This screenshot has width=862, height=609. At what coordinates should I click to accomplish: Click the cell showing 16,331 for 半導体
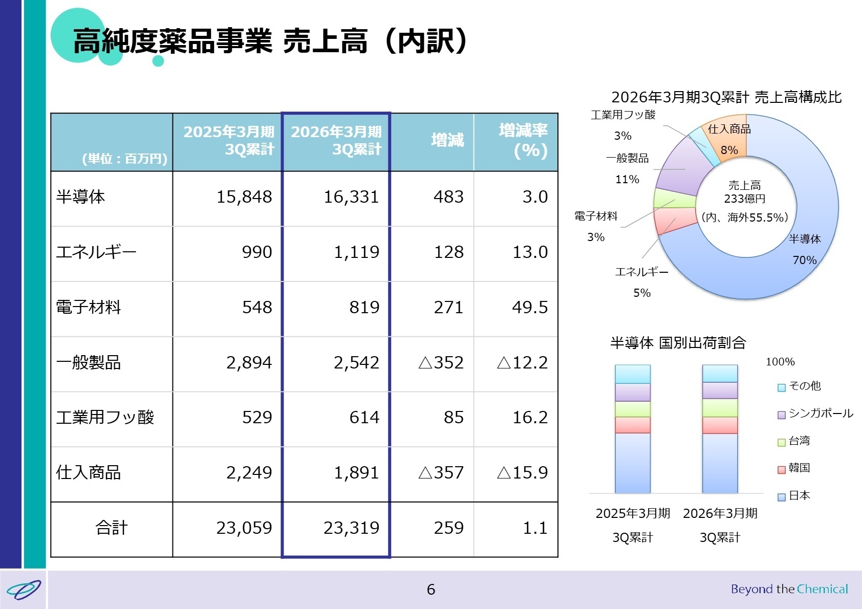click(x=351, y=197)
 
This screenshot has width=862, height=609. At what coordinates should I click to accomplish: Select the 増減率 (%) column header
click(x=523, y=140)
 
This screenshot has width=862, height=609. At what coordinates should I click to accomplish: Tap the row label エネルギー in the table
click(x=96, y=252)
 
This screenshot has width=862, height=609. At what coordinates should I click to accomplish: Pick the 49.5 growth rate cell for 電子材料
click(x=530, y=308)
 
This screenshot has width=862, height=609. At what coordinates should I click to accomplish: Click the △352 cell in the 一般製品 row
click(x=441, y=363)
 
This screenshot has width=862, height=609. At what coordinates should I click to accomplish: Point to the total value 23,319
click(x=351, y=528)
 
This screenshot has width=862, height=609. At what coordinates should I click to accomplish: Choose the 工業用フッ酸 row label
click(x=105, y=418)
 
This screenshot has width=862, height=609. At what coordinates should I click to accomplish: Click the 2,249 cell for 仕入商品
click(x=249, y=473)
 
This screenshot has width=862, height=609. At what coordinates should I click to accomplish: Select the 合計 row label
click(x=112, y=528)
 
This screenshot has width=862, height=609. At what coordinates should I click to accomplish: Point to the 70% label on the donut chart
click(x=804, y=260)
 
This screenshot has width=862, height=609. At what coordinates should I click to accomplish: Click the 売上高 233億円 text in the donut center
click(x=744, y=192)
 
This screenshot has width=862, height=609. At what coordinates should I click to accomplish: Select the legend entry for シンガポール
click(x=815, y=414)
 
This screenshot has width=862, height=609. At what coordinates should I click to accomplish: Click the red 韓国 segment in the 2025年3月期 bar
click(x=632, y=425)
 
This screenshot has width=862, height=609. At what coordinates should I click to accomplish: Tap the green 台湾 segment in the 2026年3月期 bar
click(x=720, y=408)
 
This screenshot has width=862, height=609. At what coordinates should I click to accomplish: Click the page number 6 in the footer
click(x=431, y=590)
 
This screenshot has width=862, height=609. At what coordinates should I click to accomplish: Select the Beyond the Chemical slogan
click(x=789, y=589)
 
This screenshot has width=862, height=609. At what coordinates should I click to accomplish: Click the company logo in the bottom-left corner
click(x=24, y=590)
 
